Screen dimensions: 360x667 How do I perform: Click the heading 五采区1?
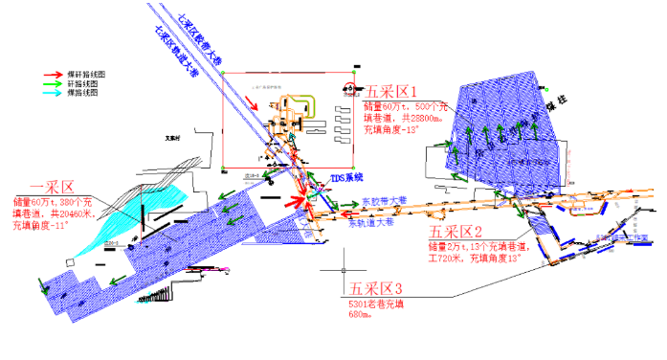(x=389, y=92)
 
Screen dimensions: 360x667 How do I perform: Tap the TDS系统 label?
(x=347, y=179)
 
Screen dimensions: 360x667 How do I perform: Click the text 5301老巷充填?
(x=379, y=304)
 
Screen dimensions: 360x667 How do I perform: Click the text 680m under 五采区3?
(x=360, y=314)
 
